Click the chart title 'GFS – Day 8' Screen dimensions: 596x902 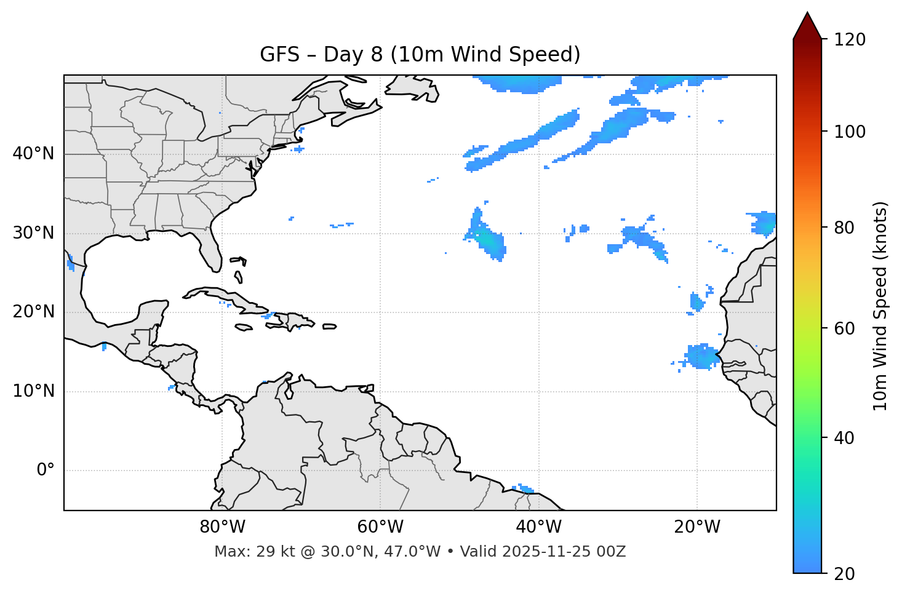point(420,55)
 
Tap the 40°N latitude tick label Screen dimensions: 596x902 point(33,154)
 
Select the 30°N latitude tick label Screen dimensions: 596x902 point(33,233)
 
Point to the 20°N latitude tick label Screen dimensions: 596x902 point(33,312)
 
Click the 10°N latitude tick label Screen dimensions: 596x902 point(33,391)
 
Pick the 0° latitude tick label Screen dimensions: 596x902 point(46,471)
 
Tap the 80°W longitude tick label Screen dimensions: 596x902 point(222,527)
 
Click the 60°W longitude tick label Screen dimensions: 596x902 point(380,527)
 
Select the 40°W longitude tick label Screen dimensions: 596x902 point(539,527)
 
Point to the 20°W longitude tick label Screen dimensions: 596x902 point(697,527)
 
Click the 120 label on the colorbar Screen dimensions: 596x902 point(850,40)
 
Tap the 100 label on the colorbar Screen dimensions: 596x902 point(850,132)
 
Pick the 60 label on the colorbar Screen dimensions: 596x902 point(846,328)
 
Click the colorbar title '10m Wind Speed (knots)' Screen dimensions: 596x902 point(880,306)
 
